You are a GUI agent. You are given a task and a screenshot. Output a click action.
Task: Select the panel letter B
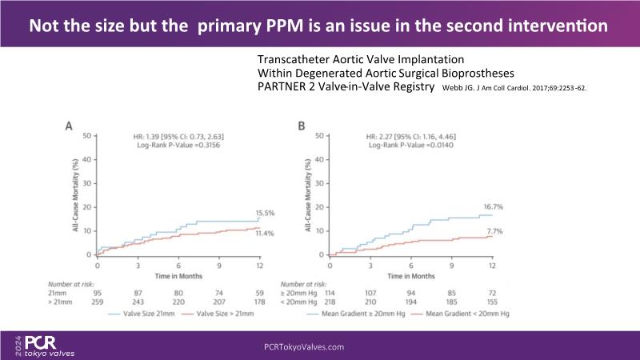tap(301, 126)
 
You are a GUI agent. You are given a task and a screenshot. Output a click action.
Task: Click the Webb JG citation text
tap(514, 88)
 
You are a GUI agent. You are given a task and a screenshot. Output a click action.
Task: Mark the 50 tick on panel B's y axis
tap(319, 136)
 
